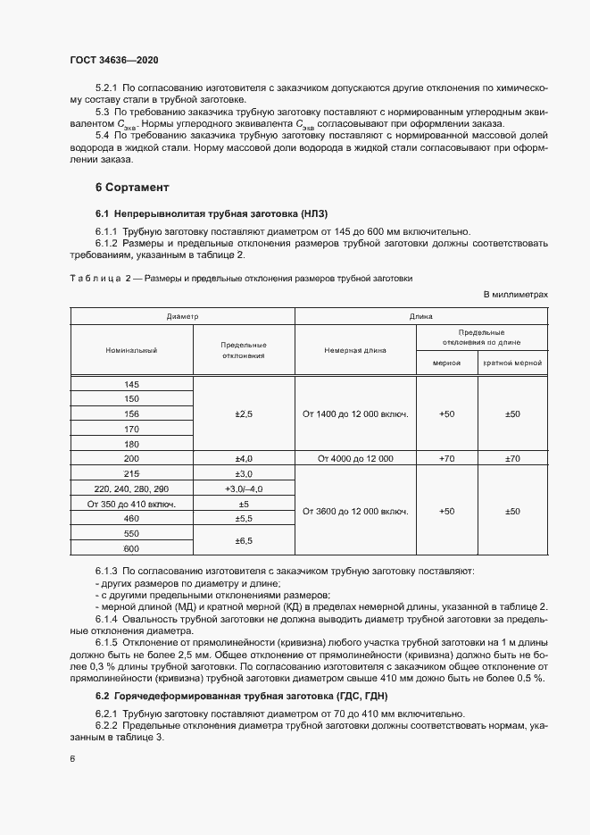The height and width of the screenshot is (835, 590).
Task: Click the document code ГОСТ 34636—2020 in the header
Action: pos(114,60)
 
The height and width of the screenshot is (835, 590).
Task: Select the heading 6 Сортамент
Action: pos(132,188)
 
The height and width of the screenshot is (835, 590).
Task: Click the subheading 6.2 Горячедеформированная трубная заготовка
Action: pos(242,695)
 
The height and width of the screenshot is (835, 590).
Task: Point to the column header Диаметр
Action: pos(182,317)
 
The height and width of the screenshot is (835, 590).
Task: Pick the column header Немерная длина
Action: pos(355,350)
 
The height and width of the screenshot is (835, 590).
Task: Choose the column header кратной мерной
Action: pos(512,363)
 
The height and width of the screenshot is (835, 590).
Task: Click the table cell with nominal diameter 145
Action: pos(132,384)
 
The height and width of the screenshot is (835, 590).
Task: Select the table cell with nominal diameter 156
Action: pos(132,413)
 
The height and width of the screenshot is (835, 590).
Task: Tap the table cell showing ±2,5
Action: pos(244,414)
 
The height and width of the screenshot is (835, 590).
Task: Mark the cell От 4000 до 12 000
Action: pos(355,458)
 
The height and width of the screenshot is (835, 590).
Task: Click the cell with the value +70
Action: pos(447,458)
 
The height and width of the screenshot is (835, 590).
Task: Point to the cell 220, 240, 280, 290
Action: pos(132,488)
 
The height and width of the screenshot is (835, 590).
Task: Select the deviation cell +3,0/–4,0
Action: pos(244,488)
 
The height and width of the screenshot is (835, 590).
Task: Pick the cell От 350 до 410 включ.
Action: pos(132,504)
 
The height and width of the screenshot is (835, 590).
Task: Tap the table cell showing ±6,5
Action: pos(244,541)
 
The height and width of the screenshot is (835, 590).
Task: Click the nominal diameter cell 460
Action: pos(132,519)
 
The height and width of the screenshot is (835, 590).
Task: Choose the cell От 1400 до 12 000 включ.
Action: pos(355,414)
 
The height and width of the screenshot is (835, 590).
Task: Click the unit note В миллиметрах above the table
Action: pos(515,294)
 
